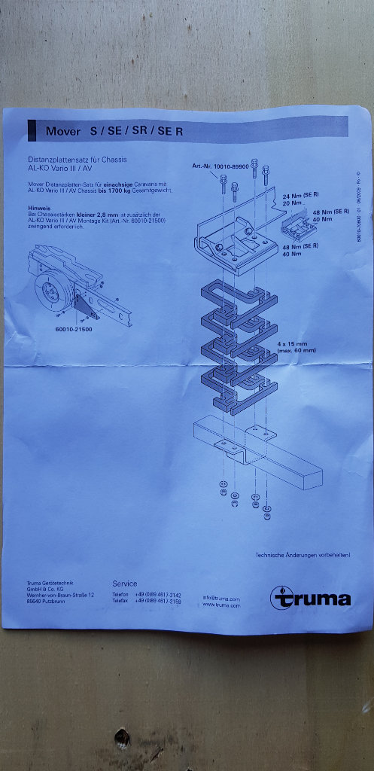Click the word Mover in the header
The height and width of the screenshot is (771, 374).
(x=62, y=131)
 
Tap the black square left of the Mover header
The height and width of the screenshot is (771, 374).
(x=32, y=130)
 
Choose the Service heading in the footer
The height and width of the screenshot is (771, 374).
(x=125, y=584)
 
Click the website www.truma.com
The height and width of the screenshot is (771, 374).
(x=220, y=605)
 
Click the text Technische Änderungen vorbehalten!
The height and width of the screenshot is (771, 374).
(x=303, y=556)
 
